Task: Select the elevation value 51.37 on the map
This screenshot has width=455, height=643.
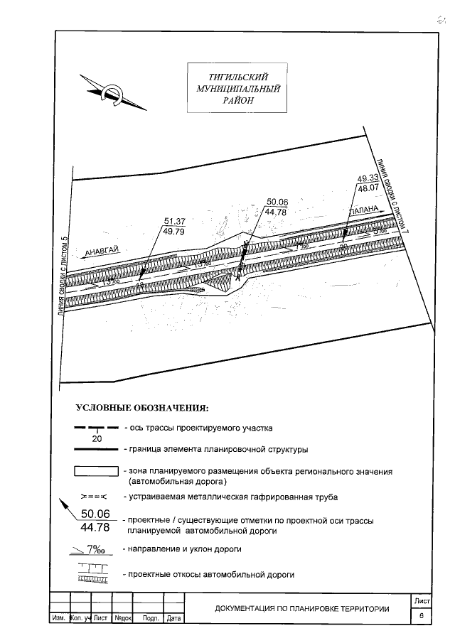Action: (x=174, y=221)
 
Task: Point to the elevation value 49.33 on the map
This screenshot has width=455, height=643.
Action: (x=367, y=178)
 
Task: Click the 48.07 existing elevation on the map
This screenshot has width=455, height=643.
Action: (x=367, y=189)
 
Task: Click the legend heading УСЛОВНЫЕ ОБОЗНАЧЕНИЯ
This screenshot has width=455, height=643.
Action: (x=142, y=409)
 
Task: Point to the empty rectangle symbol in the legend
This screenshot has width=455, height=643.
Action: (x=96, y=471)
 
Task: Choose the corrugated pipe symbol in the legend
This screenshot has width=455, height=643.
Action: (x=93, y=496)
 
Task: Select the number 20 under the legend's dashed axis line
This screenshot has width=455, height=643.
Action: (x=97, y=438)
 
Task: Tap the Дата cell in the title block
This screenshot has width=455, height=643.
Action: (x=173, y=619)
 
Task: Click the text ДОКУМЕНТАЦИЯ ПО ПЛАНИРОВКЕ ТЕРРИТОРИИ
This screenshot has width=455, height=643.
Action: (x=302, y=609)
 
